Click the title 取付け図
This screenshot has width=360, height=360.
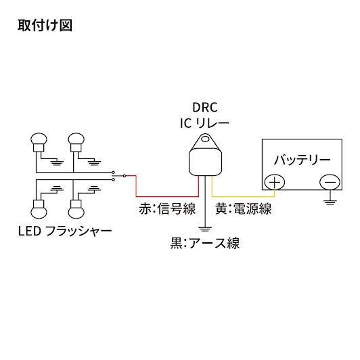coord(45,25)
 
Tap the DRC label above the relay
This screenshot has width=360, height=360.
coord(205,108)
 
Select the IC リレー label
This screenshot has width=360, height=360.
coord(204,124)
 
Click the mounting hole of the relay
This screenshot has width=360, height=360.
coord(205,139)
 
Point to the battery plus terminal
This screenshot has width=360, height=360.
coord(275,182)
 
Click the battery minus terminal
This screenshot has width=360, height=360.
coord(330,182)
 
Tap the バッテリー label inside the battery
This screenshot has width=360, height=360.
coord(302,160)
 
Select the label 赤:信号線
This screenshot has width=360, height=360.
coord(167,208)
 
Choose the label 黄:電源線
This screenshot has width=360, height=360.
coord(244,208)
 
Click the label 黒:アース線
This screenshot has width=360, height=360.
coord(205,243)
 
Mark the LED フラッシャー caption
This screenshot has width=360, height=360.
coord(65,231)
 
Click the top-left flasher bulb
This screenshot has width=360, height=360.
coord(39,142)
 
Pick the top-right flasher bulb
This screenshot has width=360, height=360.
coord(76,142)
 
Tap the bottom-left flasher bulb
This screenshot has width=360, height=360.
coord(39,209)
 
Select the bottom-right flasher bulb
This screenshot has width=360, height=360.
coord(76,209)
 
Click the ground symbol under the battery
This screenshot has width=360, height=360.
coord(330,202)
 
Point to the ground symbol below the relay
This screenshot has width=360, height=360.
coord(205,229)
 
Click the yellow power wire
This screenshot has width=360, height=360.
coord(244,196)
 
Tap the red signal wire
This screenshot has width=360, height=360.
coord(167,196)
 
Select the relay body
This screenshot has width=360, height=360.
coord(205,162)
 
